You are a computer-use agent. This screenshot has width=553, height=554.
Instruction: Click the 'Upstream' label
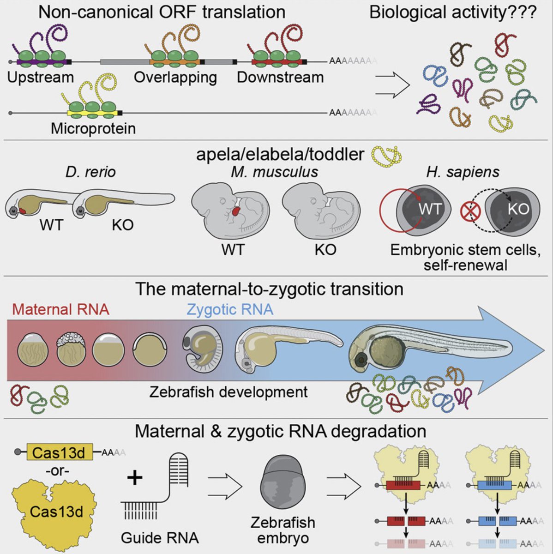point(41,77)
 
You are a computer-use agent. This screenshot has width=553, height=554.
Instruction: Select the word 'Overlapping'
point(175,77)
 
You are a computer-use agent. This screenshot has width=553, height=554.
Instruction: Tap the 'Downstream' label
point(280,77)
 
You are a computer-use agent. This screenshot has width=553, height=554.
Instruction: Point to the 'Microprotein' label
point(93,128)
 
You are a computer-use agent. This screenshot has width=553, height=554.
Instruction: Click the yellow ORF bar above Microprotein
point(92,113)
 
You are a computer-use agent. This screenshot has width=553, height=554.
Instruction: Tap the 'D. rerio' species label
point(90,172)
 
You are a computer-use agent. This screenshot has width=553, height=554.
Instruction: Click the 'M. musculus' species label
point(275,172)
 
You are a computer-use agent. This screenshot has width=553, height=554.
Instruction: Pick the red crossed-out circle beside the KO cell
point(470,211)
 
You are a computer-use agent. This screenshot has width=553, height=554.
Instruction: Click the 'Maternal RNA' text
point(60,309)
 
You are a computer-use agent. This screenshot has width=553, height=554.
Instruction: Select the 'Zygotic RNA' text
point(230,309)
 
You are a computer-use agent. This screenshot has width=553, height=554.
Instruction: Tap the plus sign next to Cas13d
point(134,477)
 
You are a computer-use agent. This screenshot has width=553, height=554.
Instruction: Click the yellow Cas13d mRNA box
point(59,452)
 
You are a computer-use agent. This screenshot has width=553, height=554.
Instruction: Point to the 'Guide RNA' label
point(160,537)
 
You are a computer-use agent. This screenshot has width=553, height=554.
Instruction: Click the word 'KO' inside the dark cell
point(518,209)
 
